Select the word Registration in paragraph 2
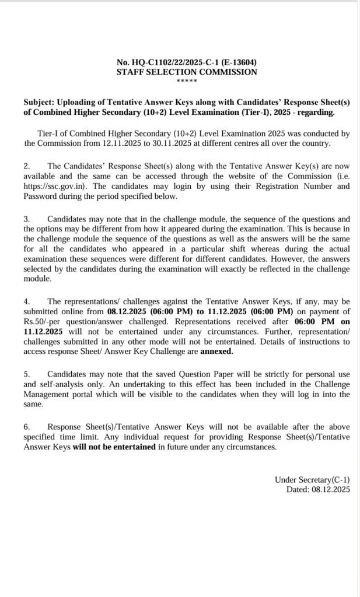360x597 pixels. point(279,187)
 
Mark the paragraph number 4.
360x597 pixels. point(27,301)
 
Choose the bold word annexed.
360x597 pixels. point(216,351)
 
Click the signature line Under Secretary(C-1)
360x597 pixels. point(312,480)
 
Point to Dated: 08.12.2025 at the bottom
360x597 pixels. point(317,490)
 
